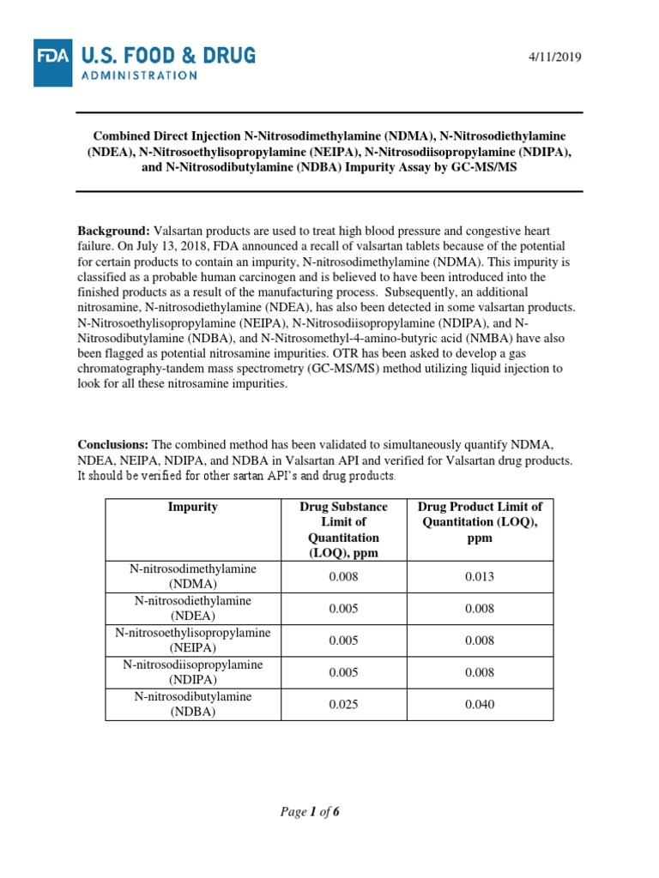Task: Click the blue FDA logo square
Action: coord(53,63)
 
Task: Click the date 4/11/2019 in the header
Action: coord(555,57)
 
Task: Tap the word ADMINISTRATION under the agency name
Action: coord(140,75)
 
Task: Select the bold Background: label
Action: coord(113,232)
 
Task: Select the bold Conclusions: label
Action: coord(113,444)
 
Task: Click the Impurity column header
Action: coord(193,507)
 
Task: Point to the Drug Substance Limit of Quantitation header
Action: coord(343,529)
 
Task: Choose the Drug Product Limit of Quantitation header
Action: coord(479,522)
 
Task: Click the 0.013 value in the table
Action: coord(479,576)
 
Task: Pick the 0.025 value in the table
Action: coord(343,705)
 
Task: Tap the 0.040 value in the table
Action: coord(479,705)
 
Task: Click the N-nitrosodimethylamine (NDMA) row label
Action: coord(193,576)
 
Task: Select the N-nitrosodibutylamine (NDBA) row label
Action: coord(193,705)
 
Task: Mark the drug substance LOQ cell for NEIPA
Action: coord(343,640)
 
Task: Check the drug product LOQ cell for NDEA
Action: coord(479,608)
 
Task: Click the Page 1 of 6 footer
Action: coord(310,812)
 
